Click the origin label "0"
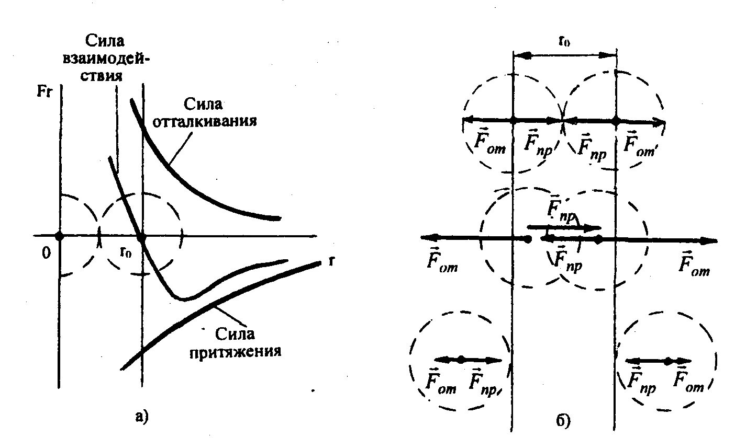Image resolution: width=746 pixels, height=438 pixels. coord(46,253)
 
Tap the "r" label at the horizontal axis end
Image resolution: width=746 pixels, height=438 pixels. coord(330,261)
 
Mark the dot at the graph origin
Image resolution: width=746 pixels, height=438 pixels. coord(59,236)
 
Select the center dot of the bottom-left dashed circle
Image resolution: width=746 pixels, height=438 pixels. coord(460,360)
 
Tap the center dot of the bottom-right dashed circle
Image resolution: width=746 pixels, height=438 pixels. coord(667,361)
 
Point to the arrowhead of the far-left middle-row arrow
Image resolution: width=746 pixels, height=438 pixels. coord(425,238)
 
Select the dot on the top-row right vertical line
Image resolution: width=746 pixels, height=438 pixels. coord(616,121)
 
